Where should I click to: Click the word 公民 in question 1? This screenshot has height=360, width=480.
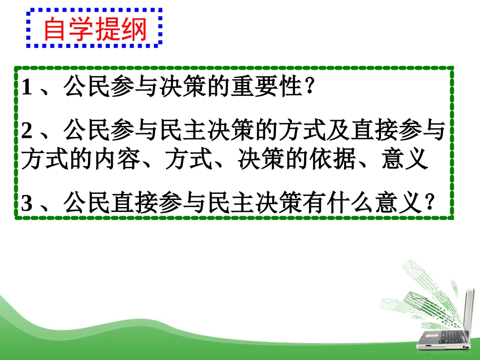coord(84,89)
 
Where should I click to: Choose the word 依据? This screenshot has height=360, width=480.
coord(358,161)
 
